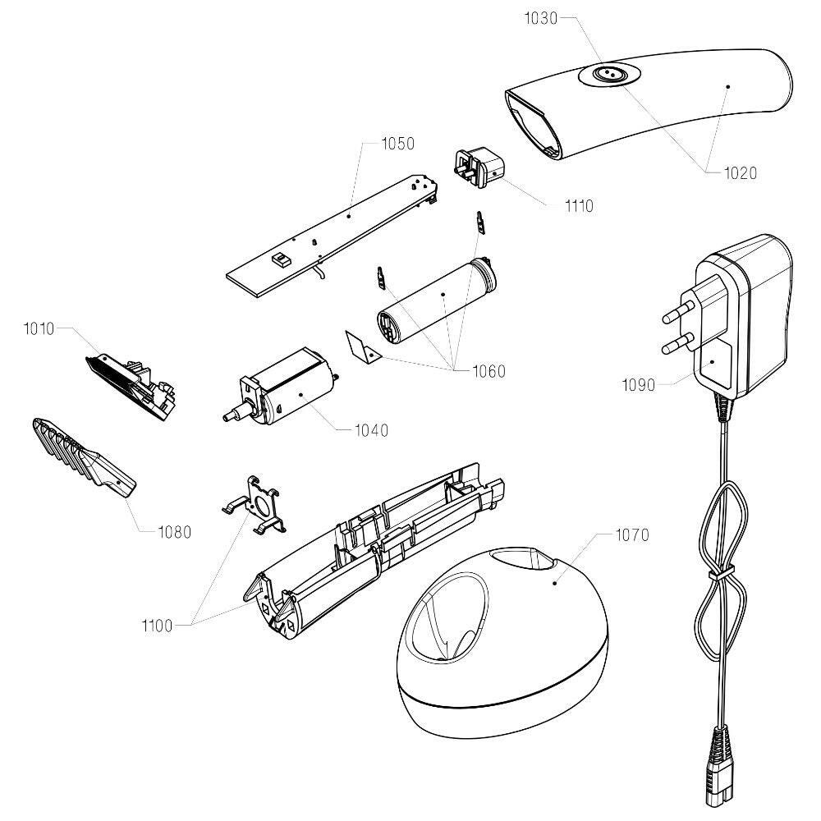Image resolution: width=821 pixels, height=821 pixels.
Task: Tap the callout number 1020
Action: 740,173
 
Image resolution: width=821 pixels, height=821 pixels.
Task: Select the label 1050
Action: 398,144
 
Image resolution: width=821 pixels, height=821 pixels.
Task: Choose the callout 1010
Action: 39,329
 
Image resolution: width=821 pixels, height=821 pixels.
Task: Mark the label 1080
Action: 174,532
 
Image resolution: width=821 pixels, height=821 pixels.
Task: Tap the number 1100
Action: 157,626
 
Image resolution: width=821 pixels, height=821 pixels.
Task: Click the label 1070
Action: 632,535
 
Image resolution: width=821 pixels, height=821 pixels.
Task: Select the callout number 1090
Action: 639,383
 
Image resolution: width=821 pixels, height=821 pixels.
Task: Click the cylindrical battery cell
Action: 436,303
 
